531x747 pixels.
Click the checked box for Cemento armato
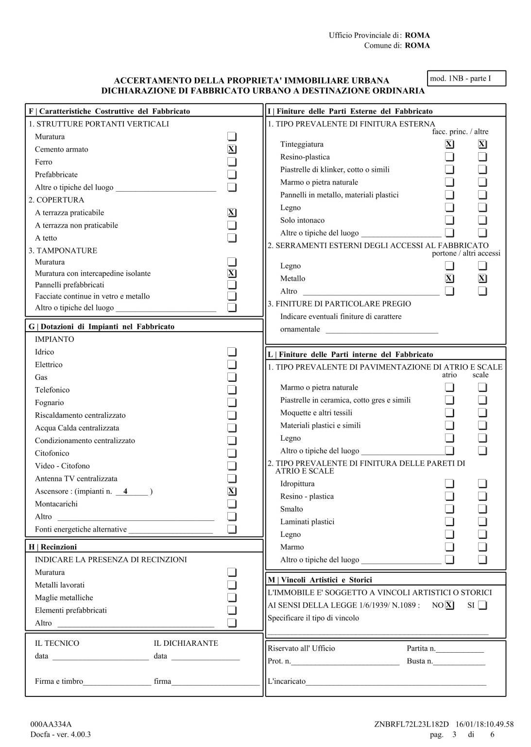coord(232,149)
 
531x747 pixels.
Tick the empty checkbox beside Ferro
coord(232,162)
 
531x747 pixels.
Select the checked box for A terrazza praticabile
coord(232,213)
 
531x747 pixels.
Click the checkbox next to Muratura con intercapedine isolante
coord(232,273)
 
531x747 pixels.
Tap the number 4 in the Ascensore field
coord(125,491)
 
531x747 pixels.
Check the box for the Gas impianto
coord(232,377)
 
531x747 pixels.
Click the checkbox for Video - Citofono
coord(232,466)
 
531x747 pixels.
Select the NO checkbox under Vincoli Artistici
coord(449,605)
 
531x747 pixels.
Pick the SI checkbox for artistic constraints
coord(482,605)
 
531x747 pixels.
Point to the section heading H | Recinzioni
coord(52,547)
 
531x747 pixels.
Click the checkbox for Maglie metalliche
coord(232,598)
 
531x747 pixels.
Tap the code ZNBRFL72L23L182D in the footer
coord(411,724)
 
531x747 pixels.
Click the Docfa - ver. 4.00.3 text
coord(60,734)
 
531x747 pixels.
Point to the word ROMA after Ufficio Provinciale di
coord(417,35)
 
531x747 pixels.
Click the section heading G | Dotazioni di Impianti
coord(102,326)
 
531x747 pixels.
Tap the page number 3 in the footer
coord(454,734)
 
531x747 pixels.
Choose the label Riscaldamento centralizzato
coord(80,415)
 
